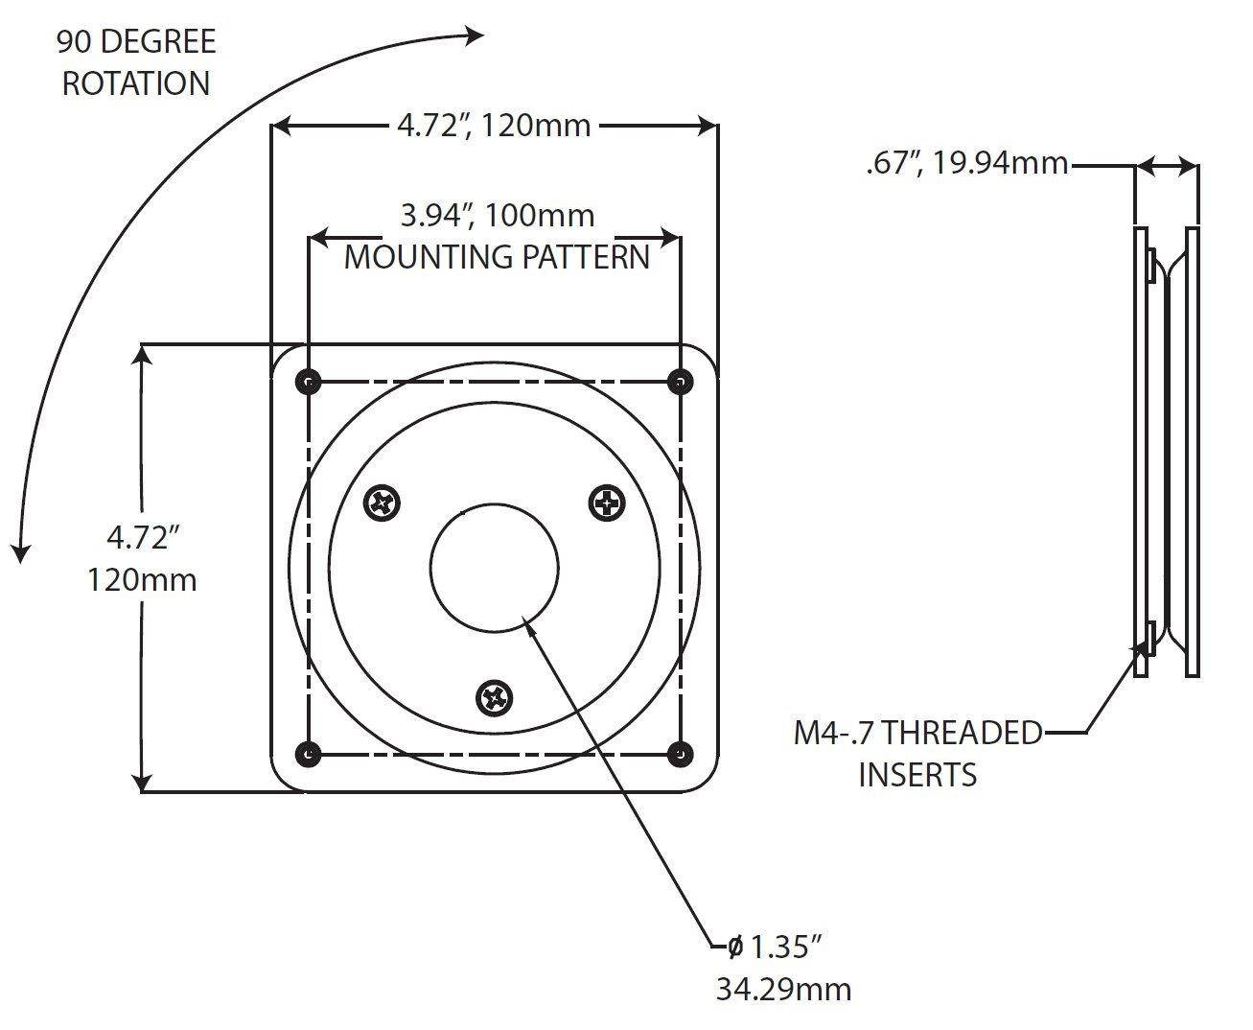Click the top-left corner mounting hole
click(308, 382)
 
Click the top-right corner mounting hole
click(680, 382)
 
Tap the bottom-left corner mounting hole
click(308, 754)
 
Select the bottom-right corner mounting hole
click(680, 754)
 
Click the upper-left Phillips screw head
click(383, 502)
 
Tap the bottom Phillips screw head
click(496, 697)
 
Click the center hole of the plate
click(494, 568)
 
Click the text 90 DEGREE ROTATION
click(135, 62)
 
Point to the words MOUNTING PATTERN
click(497, 257)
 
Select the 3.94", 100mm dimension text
click(497, 216)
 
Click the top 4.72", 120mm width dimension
click(494, 125)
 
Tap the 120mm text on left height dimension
click(142, 579)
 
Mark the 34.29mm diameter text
click(783, 989)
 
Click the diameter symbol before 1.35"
click(734, 948)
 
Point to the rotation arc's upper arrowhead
click(475, 35)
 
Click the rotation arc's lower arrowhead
click(20, 553)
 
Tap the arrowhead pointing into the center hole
click(527, 626)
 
